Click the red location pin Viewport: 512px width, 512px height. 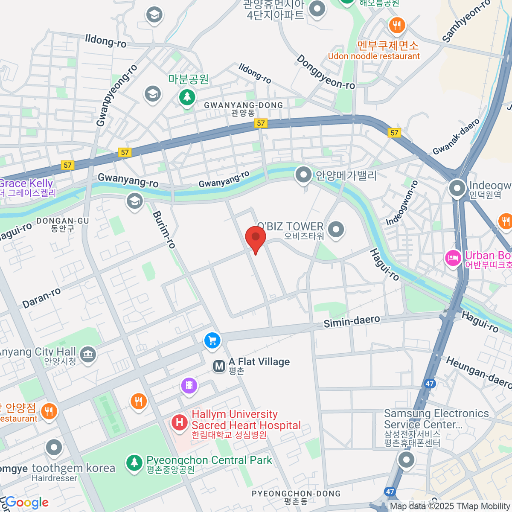[x=256, y=237]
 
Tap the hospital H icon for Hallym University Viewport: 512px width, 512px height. [x=180, y=422]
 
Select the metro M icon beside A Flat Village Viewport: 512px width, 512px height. [x=219, y=366]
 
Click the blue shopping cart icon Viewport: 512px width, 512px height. [x=212, y=340]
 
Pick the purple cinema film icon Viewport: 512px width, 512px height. [x=189, y=386]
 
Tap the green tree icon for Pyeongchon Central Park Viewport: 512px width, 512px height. [x=134, y=463]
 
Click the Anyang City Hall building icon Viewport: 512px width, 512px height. [x=88, y=354]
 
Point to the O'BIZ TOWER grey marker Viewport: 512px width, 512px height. [x=336, y=229]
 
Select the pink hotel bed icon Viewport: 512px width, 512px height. [x=453, y=258]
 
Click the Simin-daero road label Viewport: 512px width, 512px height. [x=352, y=321]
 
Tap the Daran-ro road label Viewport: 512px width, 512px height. [x=41, y=298]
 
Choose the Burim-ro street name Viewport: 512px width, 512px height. [x=164, y=230]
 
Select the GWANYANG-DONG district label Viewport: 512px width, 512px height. [x=243, y=105]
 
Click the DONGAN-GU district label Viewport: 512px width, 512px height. [x=63, y=221]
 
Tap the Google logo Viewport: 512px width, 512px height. [x=27, y=503]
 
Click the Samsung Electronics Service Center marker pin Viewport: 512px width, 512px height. [x=406, y=460]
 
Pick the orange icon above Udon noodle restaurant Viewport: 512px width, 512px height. [x=397, y=25]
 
